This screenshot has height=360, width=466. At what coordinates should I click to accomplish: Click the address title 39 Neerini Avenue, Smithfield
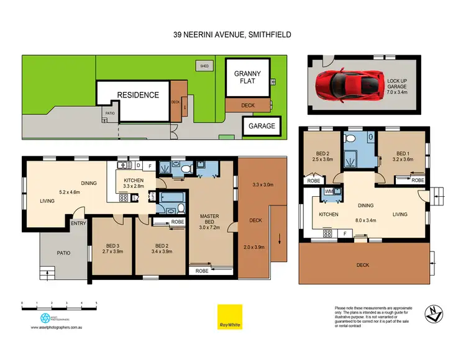point(232,35)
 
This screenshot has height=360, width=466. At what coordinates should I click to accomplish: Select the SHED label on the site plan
point(203,65)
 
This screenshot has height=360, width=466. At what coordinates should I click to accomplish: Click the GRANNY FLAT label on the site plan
point(247,78)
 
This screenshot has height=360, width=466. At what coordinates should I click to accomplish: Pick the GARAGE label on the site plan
point(261,125)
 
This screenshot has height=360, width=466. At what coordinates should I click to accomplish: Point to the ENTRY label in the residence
point(78,223)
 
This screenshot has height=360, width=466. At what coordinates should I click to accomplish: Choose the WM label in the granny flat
point(329,191)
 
